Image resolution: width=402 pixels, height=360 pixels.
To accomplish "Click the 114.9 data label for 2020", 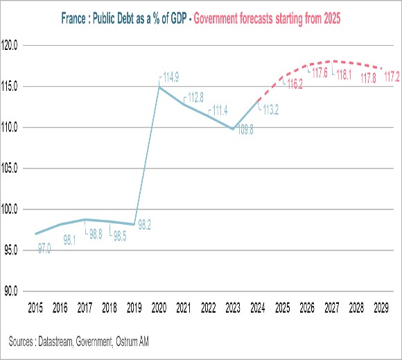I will coord(172,76).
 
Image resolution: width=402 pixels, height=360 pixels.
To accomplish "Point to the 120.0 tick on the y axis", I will coord(14,46).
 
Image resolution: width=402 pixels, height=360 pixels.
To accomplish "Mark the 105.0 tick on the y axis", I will coord(14,169).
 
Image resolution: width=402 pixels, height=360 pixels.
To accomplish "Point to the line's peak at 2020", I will coord(160,87).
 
